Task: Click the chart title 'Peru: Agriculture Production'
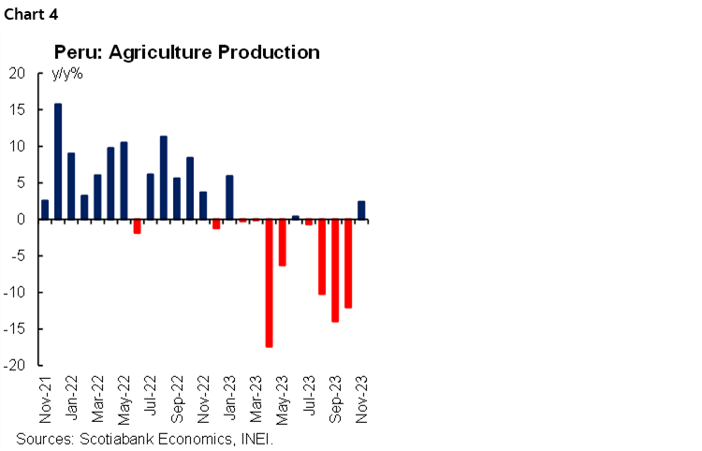point(187,51)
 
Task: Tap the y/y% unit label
point(66,74)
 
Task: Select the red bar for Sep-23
point(334,270)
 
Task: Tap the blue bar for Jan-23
point(229,197)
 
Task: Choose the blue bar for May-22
point(124,181)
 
